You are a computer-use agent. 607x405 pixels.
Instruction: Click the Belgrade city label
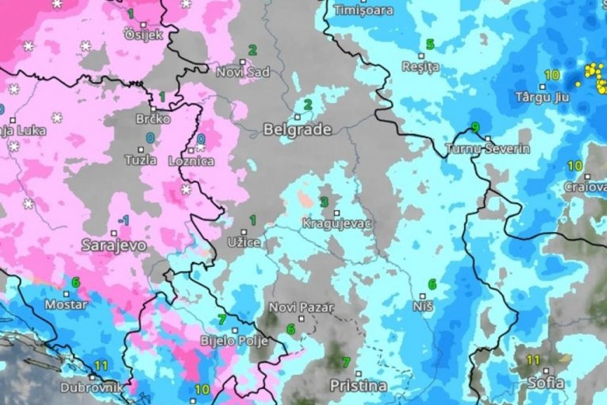(297, 129)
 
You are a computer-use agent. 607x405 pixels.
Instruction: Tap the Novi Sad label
(244, 71)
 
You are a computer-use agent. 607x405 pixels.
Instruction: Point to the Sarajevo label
(113, 246)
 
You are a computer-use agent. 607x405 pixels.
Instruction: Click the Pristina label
(359, 386)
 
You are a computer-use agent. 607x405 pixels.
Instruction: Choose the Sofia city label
(547, 383)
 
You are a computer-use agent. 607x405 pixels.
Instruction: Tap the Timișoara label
(364, 10)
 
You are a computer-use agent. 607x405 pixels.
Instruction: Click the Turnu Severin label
(488, 148)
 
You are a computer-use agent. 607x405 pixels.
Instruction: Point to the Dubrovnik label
(93, 388)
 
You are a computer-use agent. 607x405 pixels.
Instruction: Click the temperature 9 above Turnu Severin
(475, 127)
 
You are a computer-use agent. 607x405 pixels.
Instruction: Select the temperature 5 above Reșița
(430, 44)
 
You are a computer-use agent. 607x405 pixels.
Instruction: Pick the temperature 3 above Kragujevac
(324, 202)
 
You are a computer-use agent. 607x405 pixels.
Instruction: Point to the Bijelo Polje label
(233, 342)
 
